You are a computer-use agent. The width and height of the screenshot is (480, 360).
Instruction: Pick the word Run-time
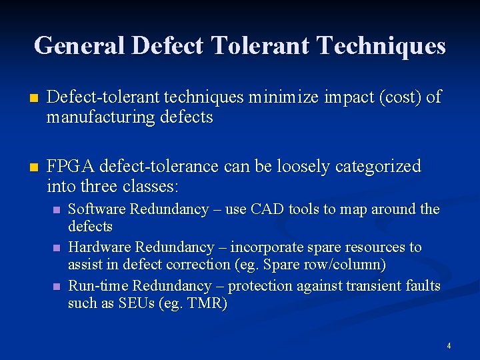tap(99, 286)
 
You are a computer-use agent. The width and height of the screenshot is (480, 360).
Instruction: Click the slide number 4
tap(449, 346)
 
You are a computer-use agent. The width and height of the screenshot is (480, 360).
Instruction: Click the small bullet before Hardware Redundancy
tap(57, 248)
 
